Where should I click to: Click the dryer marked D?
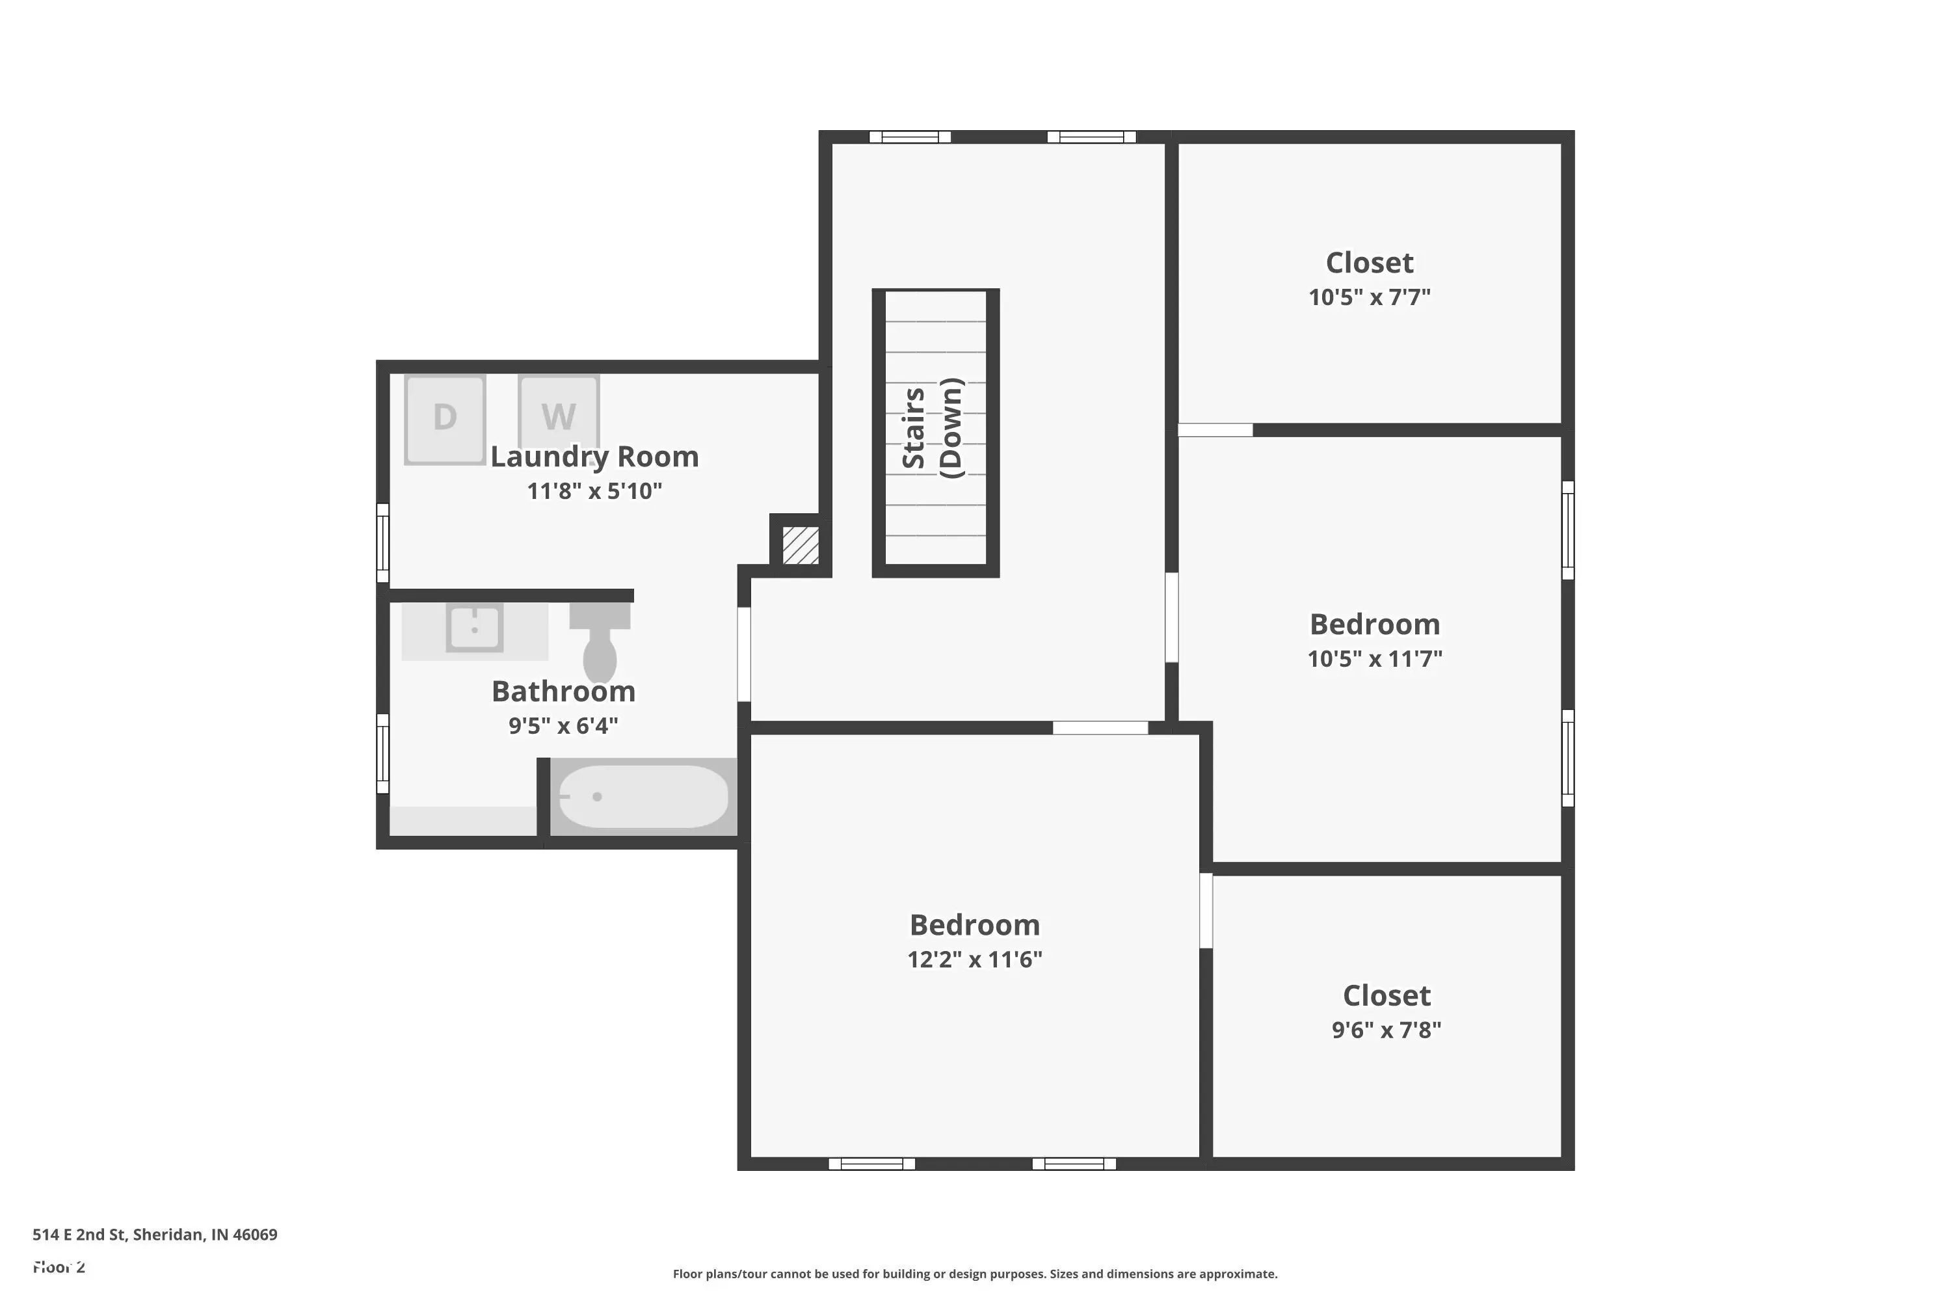click(445, 418)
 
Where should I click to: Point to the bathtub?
click(643, 796)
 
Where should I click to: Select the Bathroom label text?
click(563, 691)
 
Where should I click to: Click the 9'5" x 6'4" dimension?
click(563, 726)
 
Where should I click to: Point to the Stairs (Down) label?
click(933, 428)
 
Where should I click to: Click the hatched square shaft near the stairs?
click(801, 545)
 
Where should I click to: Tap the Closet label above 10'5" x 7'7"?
click(1370, 263)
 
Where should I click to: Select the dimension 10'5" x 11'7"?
click(1375, 659)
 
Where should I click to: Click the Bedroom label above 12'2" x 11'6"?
click(975, 924)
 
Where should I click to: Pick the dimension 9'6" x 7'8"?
click(1386, 1030)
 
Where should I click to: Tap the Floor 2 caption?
click(59, 1267)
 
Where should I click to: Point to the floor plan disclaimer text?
click(975, 1274)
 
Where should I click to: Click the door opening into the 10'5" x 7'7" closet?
click(1215, 430)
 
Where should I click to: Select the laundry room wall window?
click(383, 543)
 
